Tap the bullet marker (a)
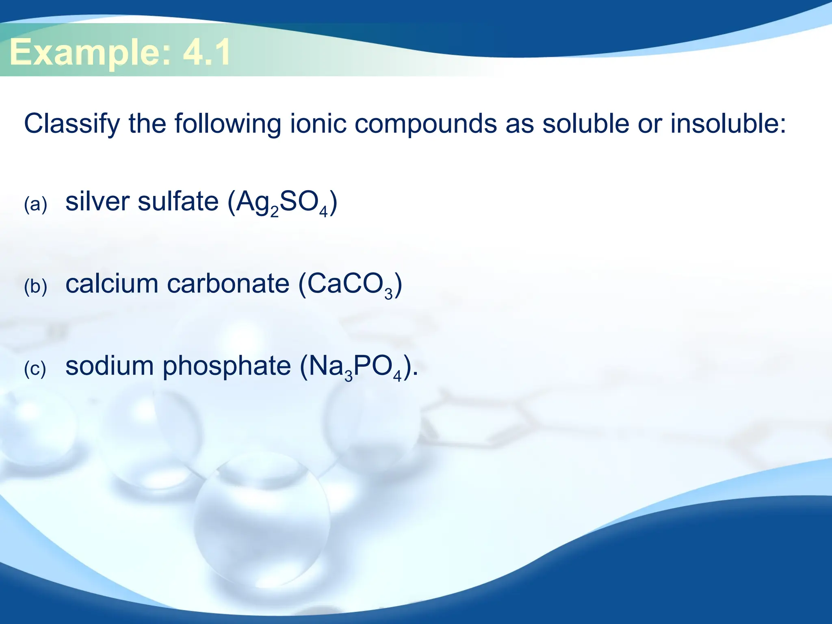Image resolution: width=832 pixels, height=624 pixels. pyautogui.click(x=36, y=204)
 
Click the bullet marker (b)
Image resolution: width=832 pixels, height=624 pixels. pyautogui.click(x=36, y=286)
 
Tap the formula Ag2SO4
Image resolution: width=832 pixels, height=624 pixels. pyautogui.click(x=282, y=203)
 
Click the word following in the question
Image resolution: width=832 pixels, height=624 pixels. pyautogui.click(x=228, y=123)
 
